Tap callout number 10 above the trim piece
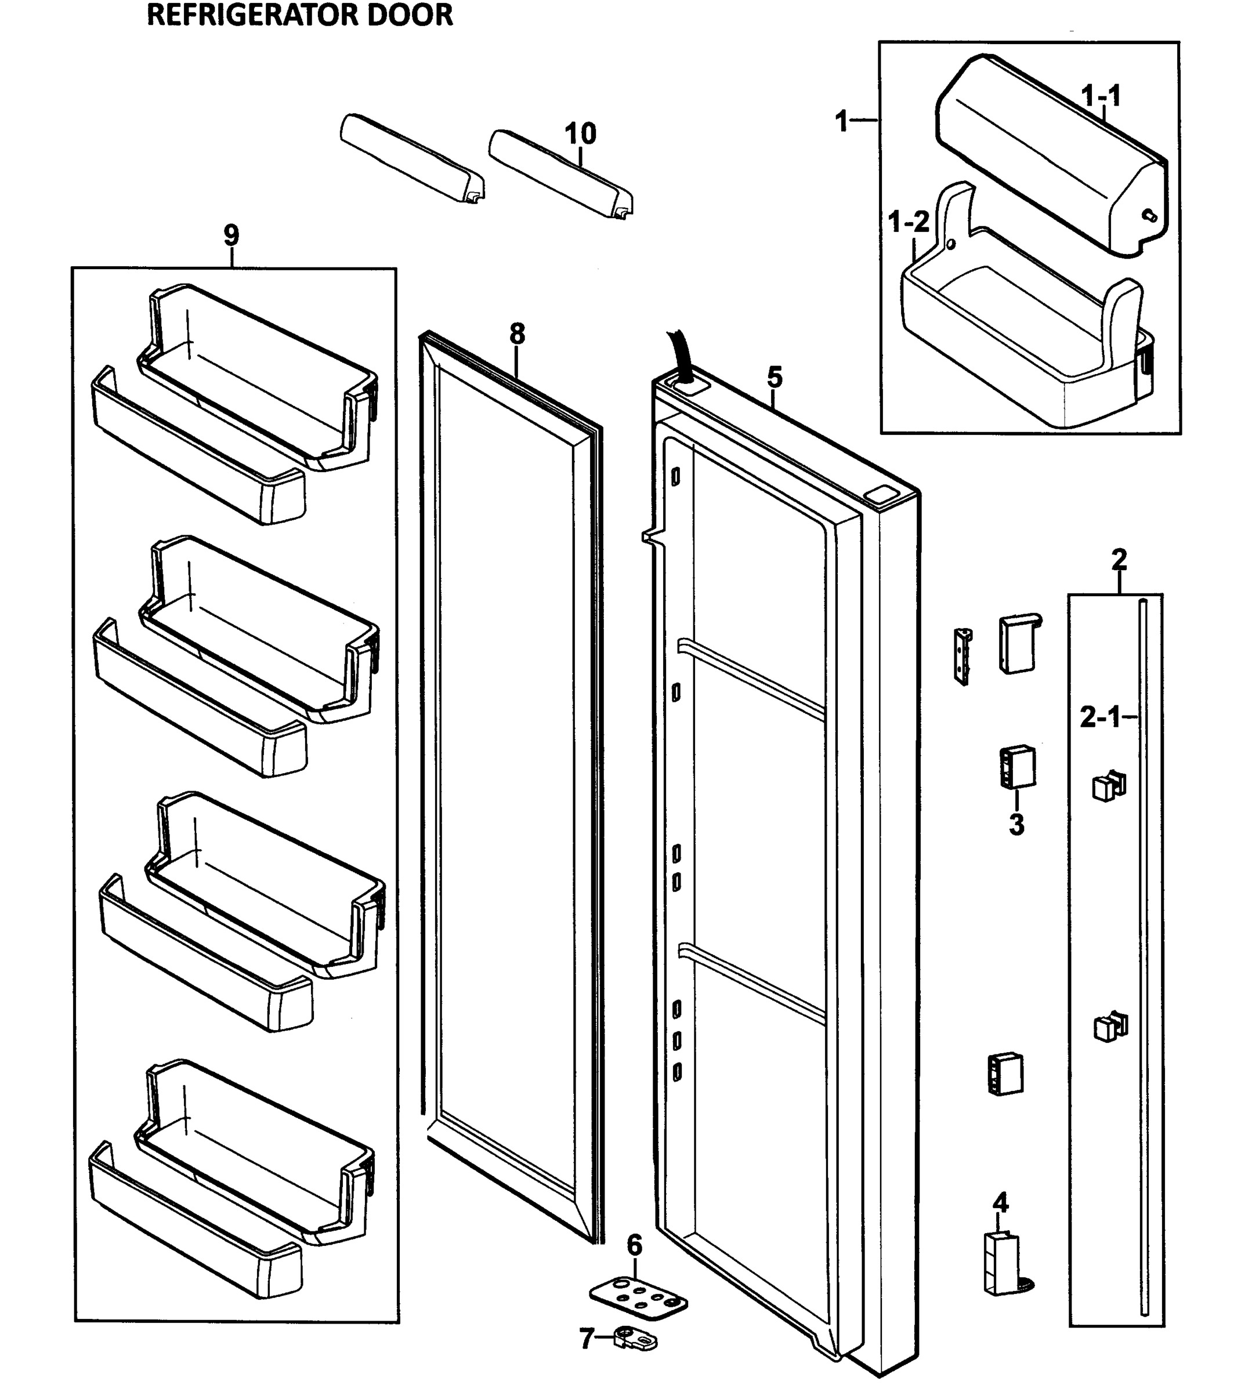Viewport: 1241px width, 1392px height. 580,133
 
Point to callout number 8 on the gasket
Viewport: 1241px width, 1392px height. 518,334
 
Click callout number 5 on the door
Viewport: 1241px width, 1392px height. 775,377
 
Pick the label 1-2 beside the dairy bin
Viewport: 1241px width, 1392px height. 910,222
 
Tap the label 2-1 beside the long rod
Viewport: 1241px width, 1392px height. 1100,717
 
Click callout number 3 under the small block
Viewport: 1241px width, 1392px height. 1016,825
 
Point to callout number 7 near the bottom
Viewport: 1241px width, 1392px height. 587,1339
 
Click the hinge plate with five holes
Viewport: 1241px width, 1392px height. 638,1295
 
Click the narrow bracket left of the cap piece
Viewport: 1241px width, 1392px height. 963,656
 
